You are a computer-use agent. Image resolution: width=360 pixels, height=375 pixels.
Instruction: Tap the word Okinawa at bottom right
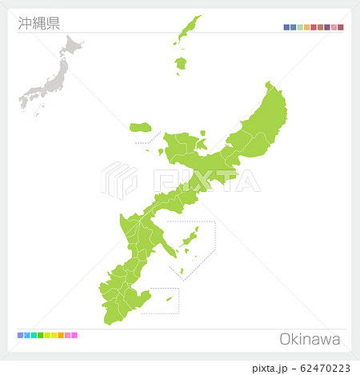(310, 339)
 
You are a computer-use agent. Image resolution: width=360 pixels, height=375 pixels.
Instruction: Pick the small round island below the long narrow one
(182, 62)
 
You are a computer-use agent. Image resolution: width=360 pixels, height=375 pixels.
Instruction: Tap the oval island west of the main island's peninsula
(141, 126)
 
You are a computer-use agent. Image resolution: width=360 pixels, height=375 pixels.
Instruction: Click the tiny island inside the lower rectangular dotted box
(170, 300)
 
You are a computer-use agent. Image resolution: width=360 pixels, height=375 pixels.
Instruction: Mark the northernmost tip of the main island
(270, 83)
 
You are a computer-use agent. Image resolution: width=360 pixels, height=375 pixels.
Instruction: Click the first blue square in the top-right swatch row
(286, 27)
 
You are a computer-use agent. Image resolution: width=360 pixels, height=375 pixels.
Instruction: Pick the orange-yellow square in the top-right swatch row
(307, 27)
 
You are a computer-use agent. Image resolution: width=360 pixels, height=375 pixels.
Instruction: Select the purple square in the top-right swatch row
(327, 27)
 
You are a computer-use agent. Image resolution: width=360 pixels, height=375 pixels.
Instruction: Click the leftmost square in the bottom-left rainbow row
(20, 335)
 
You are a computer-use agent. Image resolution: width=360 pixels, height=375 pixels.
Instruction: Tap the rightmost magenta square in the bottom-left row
(74, 335)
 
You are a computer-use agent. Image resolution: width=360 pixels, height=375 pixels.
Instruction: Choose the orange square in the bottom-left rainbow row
(61, 335)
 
